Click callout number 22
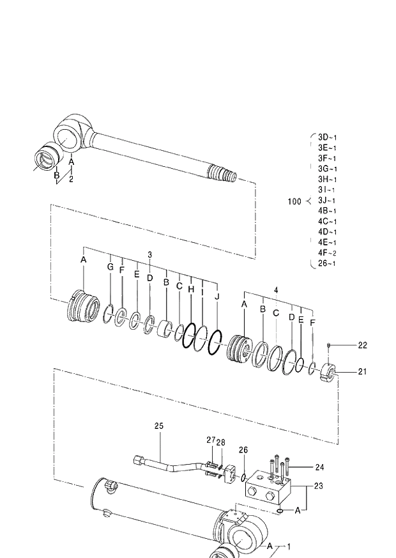(362, 345)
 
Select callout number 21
(362, 371)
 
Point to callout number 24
(319, 467)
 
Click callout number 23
(319, 486)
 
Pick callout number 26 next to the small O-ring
(243, 450)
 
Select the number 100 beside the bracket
(294, 201)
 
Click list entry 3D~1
(327, 137)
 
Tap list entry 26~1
(327, 263)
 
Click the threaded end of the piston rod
(223, 173)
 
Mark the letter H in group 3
(190, 289)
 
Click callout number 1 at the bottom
(288, 547)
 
